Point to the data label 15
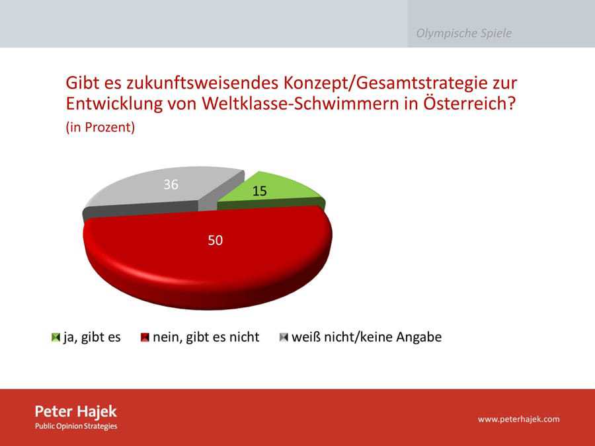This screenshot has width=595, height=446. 260,191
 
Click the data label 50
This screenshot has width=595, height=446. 215,240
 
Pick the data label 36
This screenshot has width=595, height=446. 171,184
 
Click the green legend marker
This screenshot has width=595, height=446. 56,337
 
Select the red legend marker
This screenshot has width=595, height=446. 145,337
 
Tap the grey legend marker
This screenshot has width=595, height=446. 284,337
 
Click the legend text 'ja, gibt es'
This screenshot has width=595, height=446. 92,337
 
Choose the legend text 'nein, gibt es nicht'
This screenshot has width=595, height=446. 206,337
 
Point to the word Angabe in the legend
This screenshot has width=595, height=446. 419,337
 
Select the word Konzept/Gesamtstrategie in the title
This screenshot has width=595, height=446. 400,83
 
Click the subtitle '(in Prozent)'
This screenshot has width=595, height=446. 100,127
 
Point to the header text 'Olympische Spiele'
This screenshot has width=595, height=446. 463,34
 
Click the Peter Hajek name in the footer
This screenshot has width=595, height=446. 76,412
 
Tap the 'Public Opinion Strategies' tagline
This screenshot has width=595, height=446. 76,426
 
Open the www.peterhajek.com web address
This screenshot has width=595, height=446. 519,419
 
